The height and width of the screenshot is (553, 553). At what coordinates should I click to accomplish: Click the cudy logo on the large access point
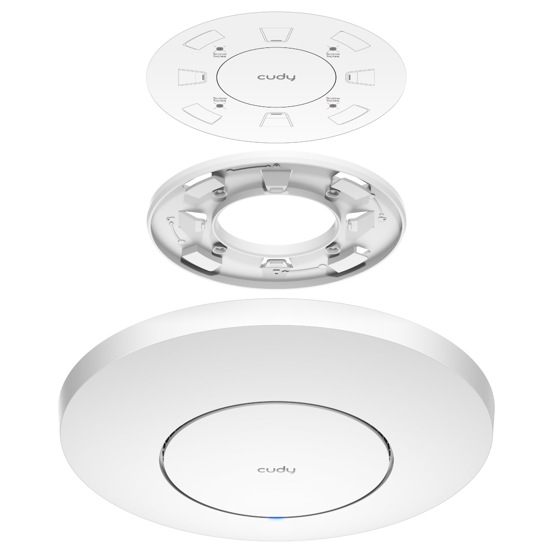(x=276, y=470)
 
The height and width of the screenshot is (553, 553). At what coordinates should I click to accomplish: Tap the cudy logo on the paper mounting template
(x=276, y=77)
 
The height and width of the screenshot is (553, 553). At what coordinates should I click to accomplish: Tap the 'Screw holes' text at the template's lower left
(x=220, y=100)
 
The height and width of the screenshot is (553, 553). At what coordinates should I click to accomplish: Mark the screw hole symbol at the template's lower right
(x=333, y=106)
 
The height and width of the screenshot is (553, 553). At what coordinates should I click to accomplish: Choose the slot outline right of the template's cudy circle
(x=361, y=76)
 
